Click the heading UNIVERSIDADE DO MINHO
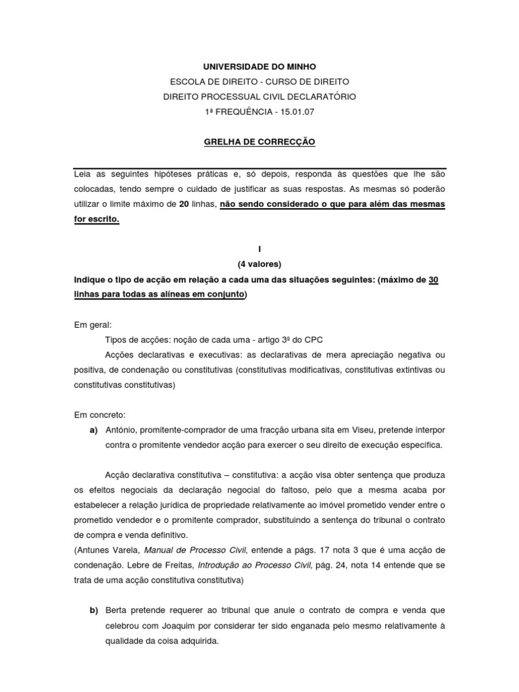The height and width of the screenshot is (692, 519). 259,67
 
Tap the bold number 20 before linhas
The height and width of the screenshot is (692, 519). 183,203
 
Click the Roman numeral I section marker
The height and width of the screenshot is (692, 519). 259,249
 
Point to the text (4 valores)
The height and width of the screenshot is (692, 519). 259,264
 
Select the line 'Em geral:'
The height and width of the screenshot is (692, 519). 93,324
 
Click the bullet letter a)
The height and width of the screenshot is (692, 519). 94,430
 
